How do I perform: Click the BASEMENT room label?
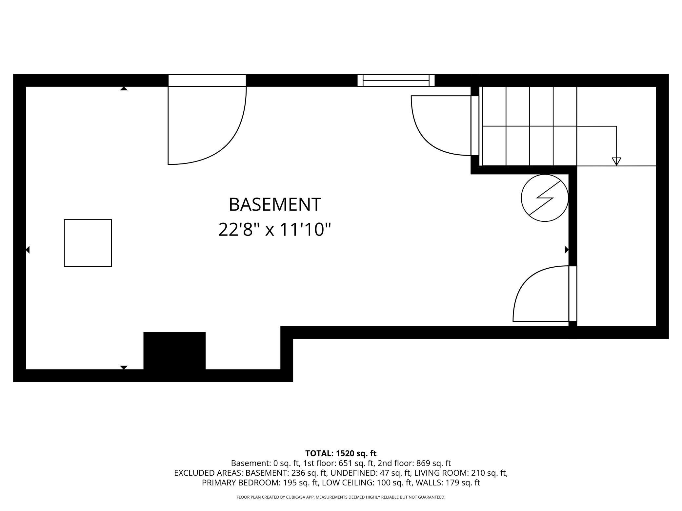click(x=275, y=204)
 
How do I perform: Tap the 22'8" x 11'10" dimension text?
click(x=275, y=229)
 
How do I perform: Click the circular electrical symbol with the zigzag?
click(x=545, y=198)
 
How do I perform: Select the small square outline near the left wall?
click(x=88, y=243)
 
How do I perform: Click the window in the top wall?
click(x=396, y=80)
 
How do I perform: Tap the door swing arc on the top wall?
click(x=230, y=144)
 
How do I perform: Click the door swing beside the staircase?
click(x=423, y=138)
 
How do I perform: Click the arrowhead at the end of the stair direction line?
click(x=616, y=161)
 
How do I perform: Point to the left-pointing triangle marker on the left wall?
click(x=28, y=250)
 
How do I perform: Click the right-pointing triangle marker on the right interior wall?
click(x=567, y=250)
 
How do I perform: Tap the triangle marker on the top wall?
click(x=124, y=88)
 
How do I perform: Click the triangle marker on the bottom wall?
click(x=124, y=368)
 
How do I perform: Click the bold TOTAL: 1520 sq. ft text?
click(x=341, y=453)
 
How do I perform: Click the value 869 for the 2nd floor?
click(x=423, y=463)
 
